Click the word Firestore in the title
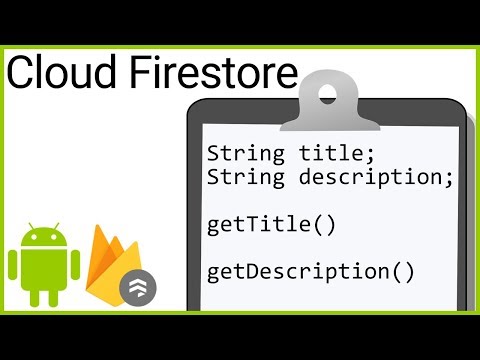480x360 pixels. [x=210, y=75]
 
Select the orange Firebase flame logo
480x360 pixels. [x=112, y=262]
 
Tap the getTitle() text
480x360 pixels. [x=271, y=224]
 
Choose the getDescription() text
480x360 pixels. [x=310, y=270]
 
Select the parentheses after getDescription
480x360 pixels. [x=403, y=270]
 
